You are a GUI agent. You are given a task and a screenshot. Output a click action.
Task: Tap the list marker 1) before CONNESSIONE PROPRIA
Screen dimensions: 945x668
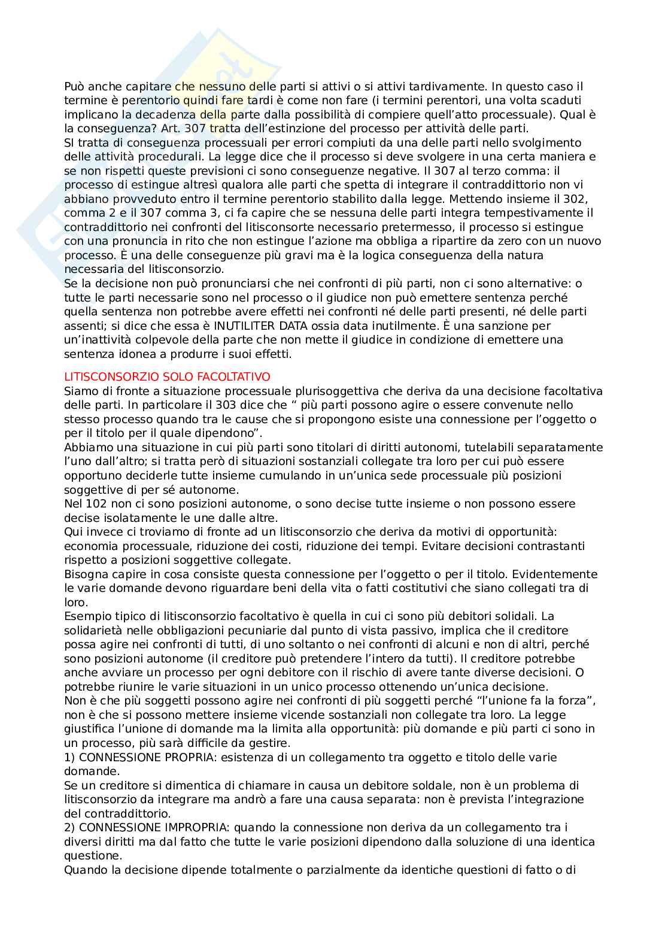pos(70,758)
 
